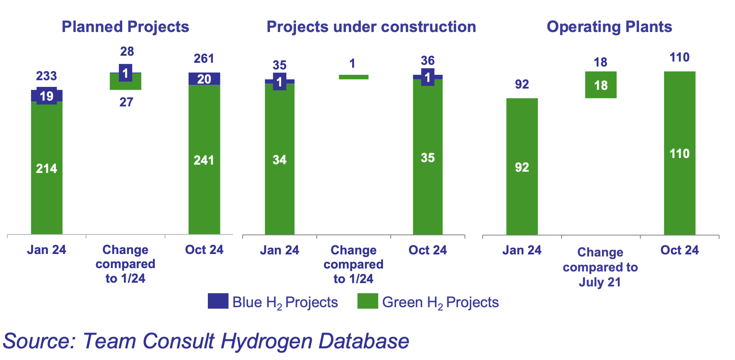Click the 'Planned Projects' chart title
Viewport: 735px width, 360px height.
[125, 27]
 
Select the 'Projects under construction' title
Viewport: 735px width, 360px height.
[371, 27]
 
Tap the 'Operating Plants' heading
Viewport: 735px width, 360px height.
[609, 27]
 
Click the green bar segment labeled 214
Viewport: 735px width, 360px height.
[47, 168]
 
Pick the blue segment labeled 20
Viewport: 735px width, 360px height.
[204, 79]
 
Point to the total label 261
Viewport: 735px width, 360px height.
[204, 59]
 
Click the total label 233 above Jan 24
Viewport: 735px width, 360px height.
[46, 76]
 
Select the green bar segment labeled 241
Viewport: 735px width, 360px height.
[204, 160]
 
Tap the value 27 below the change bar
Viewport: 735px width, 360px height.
[126, 102]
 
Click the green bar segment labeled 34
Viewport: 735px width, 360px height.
[279, 160]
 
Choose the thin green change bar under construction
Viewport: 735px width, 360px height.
[353, 77]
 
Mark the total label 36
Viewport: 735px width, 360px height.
[427, 61]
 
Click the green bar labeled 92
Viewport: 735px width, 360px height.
[522, 167]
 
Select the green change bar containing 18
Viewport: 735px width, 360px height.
[601, 85]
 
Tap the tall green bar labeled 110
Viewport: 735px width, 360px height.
[679, 153]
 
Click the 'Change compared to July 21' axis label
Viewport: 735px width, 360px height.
[600, 267]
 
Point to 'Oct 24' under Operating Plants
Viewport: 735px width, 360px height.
[679, 250]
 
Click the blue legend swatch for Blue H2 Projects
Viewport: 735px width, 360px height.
[218, 301]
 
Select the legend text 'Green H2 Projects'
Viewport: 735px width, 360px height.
[440, 302]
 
